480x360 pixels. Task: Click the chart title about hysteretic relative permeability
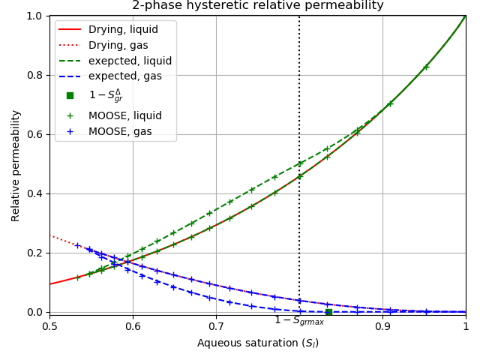tap(257, 6)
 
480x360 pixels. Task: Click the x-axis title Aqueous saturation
tap(257, 343)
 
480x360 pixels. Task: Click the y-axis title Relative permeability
tap(16, 165)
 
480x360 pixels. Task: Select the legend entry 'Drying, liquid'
tap(123, 30)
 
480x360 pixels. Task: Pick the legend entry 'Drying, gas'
tap(118, 46)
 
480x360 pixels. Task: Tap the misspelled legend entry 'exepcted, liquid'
tap(130, 61)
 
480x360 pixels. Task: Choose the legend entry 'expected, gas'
tap(124, 76)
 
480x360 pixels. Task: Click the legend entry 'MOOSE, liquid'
tap(124, 115)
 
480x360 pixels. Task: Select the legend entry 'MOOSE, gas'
tap(120, 131)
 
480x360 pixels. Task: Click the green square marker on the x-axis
tap(328, 312)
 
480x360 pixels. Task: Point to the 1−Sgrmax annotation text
tap(299, 321)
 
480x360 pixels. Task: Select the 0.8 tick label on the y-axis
tap(34, 75)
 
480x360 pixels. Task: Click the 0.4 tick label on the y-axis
tap(34, 193)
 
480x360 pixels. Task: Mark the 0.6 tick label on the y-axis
tap(34, 134)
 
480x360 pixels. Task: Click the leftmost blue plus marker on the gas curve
tap(77, 245)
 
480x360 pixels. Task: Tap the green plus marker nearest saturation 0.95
tap(426, 67)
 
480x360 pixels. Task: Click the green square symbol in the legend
tap(70, 95)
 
